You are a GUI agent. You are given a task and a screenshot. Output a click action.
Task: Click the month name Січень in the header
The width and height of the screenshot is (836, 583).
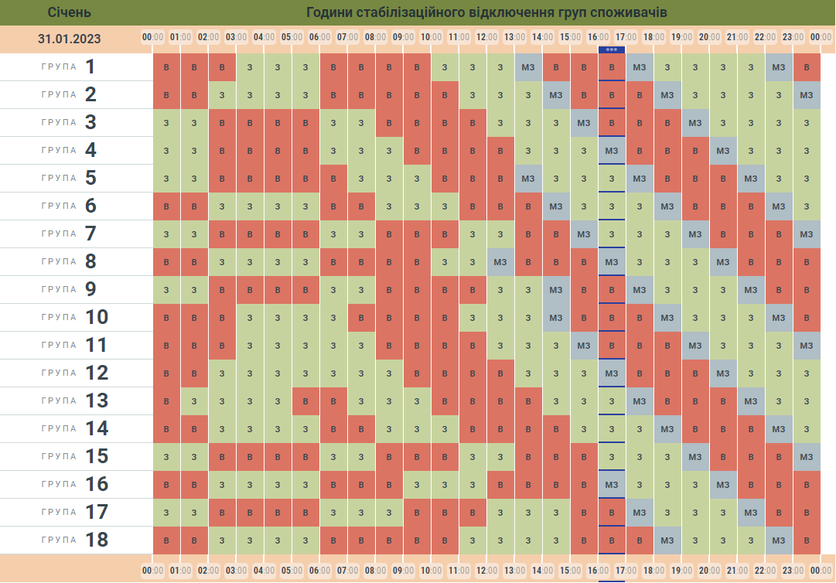[69, 12]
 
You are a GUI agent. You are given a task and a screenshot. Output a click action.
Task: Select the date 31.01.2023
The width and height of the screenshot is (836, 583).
[69, 39]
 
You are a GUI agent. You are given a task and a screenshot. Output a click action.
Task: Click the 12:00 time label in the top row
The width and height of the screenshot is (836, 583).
[486, 37]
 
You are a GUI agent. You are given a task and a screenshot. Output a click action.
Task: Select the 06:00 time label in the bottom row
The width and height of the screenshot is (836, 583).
[319, 571]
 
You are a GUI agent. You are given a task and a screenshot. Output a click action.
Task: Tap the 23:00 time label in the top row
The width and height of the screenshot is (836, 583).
[793, 37]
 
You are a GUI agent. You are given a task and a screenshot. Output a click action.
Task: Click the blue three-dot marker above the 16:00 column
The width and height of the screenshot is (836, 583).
[612, 49]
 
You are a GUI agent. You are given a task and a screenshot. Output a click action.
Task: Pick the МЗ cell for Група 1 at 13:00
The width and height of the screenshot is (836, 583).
[528, 67]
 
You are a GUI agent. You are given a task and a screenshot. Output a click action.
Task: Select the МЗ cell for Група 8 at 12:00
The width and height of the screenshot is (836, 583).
[500, 262]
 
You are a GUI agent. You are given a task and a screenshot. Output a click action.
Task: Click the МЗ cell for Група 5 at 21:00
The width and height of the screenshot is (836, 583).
[751, 179]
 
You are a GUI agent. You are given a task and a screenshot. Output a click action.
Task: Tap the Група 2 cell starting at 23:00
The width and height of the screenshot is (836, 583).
[807, 95]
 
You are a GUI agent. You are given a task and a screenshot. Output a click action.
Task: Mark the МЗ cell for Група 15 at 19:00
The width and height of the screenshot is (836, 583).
[695, 457]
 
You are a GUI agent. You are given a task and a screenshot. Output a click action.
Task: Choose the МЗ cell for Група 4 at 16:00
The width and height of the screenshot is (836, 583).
[612, 151]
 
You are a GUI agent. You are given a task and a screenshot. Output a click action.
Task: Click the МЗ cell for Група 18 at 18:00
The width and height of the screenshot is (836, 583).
[667, 540]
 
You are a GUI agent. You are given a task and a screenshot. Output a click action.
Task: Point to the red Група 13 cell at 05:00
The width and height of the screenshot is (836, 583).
[305, 401]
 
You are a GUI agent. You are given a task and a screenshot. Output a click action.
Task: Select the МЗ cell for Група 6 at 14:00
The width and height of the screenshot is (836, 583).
[556, 206]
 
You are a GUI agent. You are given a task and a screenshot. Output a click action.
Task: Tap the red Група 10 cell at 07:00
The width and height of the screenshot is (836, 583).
[361, 318]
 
